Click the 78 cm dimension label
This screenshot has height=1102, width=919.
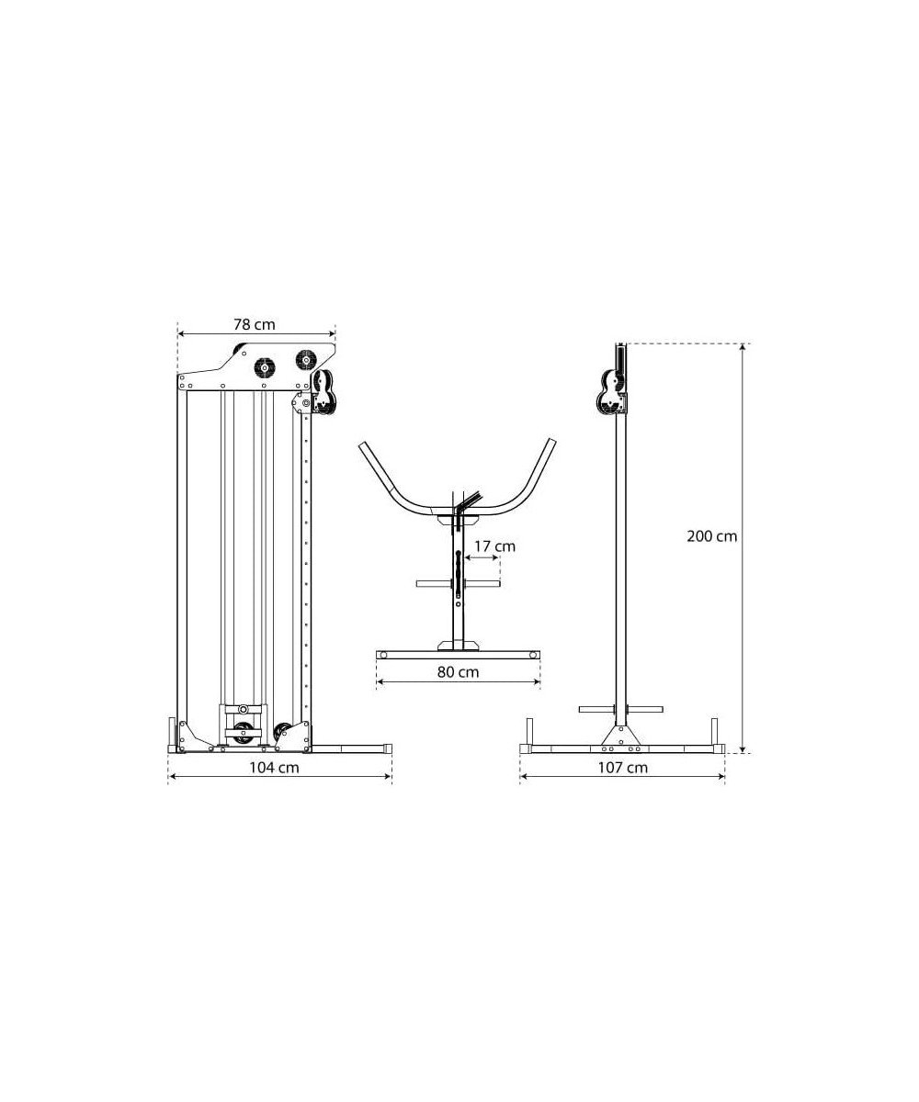[255, 324]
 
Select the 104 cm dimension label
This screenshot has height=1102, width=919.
[274, 768]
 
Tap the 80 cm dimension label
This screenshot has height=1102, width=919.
[458, 672]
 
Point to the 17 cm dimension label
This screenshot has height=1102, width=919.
[495, 546]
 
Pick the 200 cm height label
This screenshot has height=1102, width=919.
[711, 536]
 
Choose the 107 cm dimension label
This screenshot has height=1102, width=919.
[623, 768]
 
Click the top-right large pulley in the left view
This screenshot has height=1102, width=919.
[305, 359]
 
